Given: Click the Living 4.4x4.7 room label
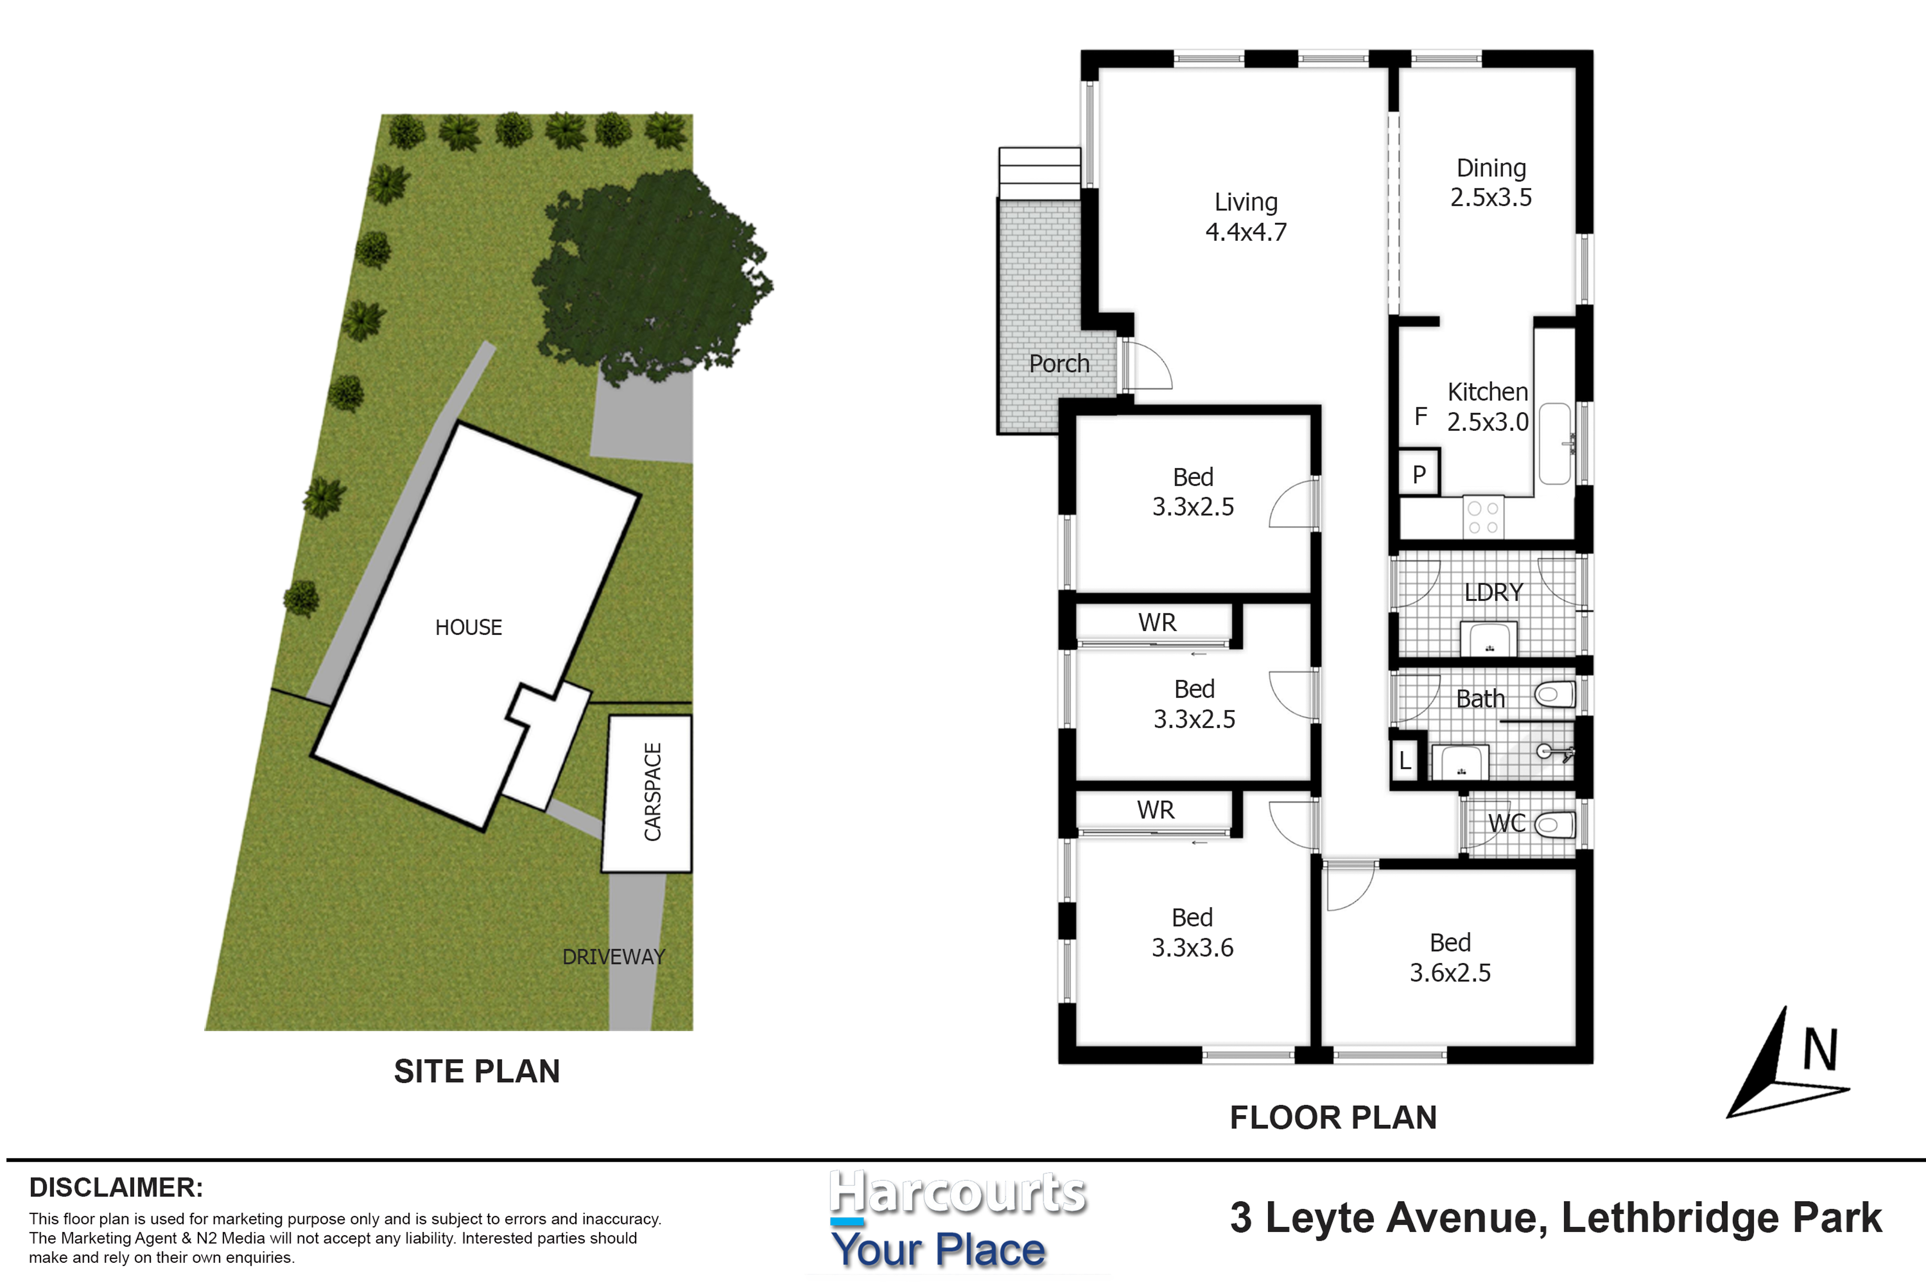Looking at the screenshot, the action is pos(1246,217).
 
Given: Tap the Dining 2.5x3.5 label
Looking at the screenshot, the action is pos(1490,182).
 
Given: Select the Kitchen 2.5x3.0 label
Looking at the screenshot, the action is pos(1487,406).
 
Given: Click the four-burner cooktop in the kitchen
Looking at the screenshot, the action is pos(1483,518).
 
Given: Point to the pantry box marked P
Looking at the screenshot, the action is pos(1419,472).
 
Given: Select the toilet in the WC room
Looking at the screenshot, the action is pos(1554,824).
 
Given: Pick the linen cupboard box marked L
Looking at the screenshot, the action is pos(1405,760).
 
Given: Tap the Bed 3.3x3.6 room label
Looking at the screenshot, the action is pos(1192,932).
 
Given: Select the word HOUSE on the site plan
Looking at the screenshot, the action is pos(468,627).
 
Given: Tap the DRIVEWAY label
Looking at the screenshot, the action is pos(613,957).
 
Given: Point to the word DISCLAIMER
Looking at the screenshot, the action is pos(116,1187).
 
